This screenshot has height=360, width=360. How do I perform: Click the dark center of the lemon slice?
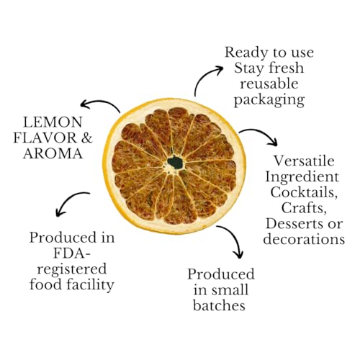point(174,162)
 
